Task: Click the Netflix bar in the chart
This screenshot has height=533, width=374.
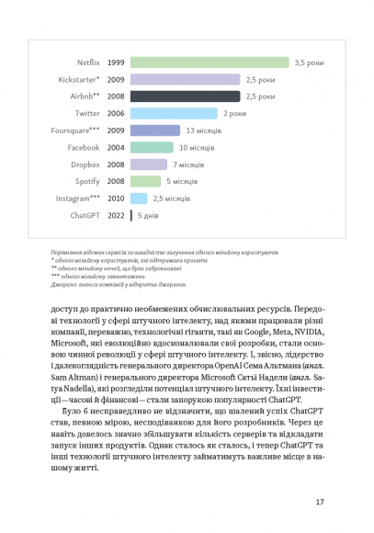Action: [x=210, y=62]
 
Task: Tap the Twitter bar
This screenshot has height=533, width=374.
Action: [x=175, y=113]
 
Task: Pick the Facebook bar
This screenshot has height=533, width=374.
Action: [x=152, y=147]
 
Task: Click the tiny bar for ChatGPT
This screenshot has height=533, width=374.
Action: [x=131, y=215]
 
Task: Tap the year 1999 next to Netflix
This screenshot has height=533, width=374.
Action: [x=116, y=62]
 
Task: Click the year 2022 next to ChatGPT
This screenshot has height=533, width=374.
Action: [x=116, y=215]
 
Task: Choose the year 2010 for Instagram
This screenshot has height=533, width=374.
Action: [x=116, y=198]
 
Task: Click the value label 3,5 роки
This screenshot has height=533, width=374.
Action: [x=311, y=62]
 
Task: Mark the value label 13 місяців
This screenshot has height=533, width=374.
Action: [x=202, y=130]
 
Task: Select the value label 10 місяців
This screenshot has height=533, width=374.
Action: [x=195, y=147]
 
